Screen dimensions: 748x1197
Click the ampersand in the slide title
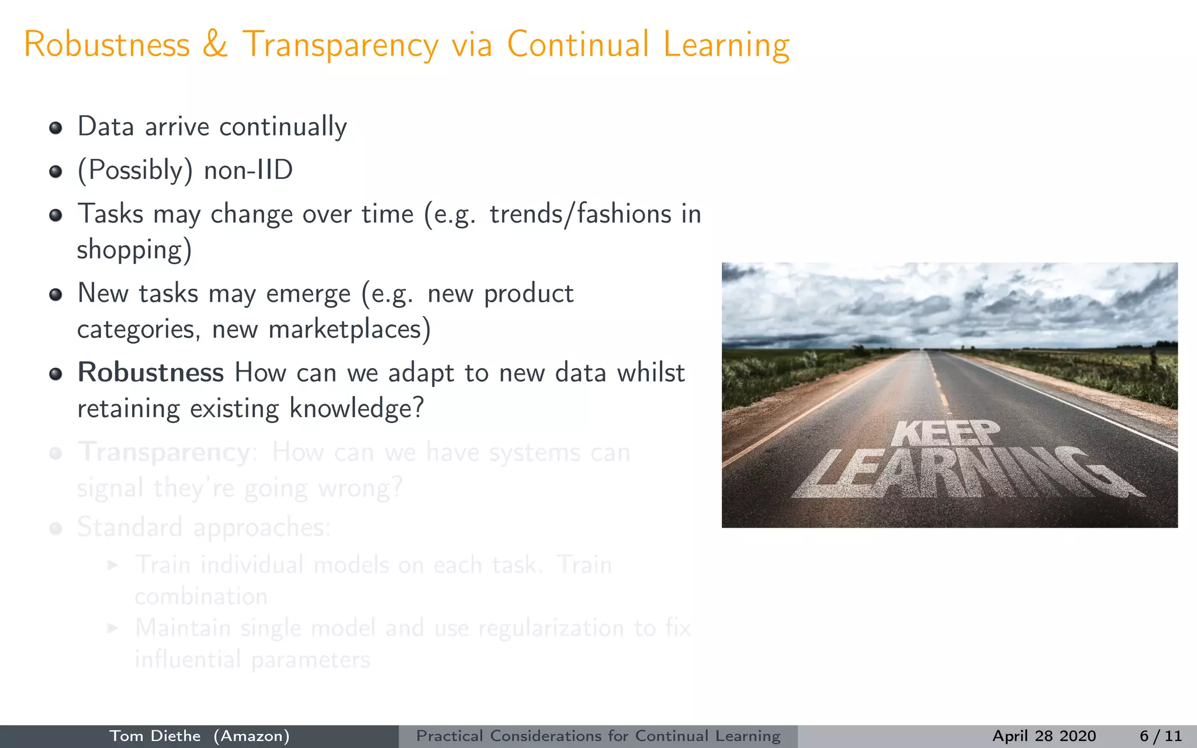[x=215, y=44]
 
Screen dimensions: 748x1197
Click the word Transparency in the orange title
[x=340, y=46]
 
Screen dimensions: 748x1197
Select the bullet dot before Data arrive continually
[x=56, y=128]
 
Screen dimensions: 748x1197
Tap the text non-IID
[x=248, y=171]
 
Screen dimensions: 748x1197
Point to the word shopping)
[x=134, y=250]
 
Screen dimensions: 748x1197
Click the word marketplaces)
[x=350, y=329]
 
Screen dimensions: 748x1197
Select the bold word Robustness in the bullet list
[x=151, y=373]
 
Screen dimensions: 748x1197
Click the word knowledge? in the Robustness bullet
[x=356, y=408]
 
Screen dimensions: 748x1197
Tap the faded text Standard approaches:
[x=204, y=527]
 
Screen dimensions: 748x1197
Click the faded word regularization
[x=551, y=628]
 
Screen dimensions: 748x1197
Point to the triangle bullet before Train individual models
[x=113, y=565]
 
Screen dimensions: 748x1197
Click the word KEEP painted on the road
[x=945, y=434]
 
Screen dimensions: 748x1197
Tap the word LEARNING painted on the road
[x=964, y=473]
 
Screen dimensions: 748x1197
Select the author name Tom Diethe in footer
[x=155, y=736]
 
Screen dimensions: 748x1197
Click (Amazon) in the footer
[x=251, y=736]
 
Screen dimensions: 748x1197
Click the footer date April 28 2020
[x=1044, y=736]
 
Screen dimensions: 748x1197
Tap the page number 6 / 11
[x=1160, y=736]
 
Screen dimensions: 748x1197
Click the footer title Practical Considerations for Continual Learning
[x=598, y=736]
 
